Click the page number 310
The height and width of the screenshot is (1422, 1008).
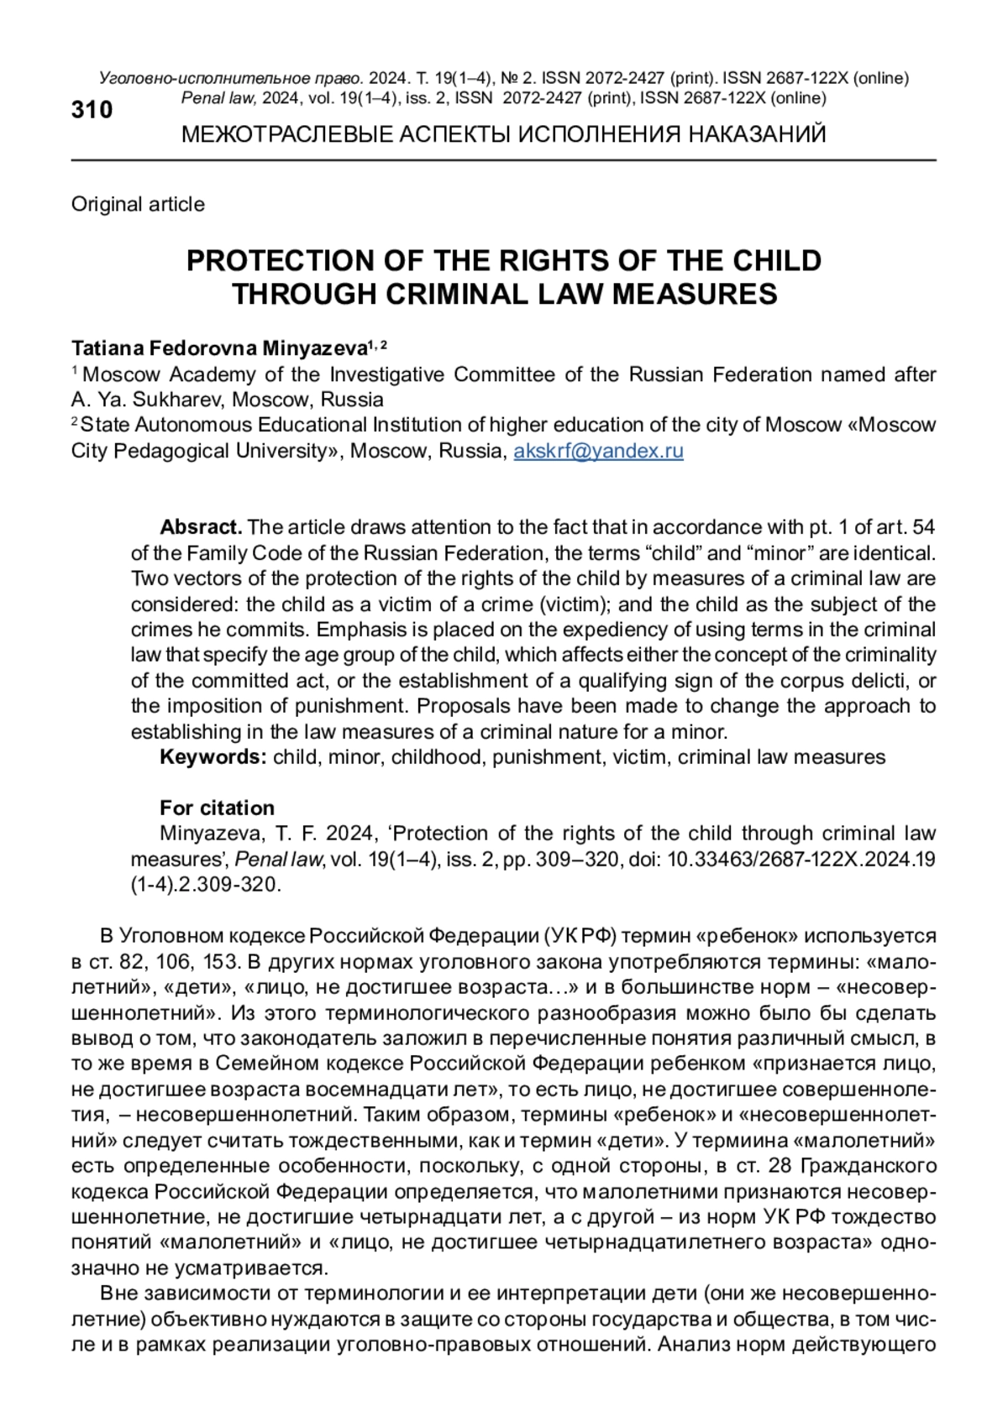pos(92,110)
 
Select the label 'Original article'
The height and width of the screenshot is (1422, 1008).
pos(138,204)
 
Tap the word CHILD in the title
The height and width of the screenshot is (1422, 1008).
pos(777,260)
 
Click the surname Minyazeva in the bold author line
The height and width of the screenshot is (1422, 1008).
pos(315,348)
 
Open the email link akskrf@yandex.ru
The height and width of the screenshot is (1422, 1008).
pos(598,451)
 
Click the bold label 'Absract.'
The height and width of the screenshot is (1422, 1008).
pos(201,527)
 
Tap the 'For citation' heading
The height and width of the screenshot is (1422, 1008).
pos(217,808)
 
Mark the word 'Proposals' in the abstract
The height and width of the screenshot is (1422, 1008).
pos(461,706)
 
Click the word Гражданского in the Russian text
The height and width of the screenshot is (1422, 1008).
pos(868,1166)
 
